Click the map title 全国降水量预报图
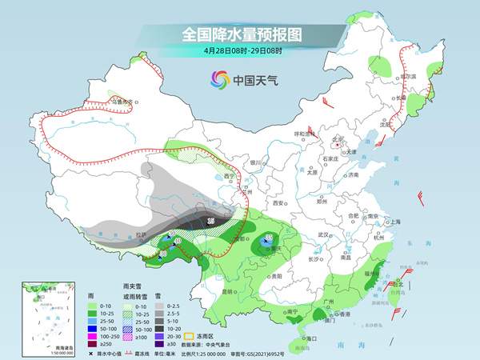pos(240,34)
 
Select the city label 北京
pos(338,138)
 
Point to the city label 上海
pos(392,222)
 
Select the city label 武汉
pos(324,234)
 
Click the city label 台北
pos(399,282)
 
